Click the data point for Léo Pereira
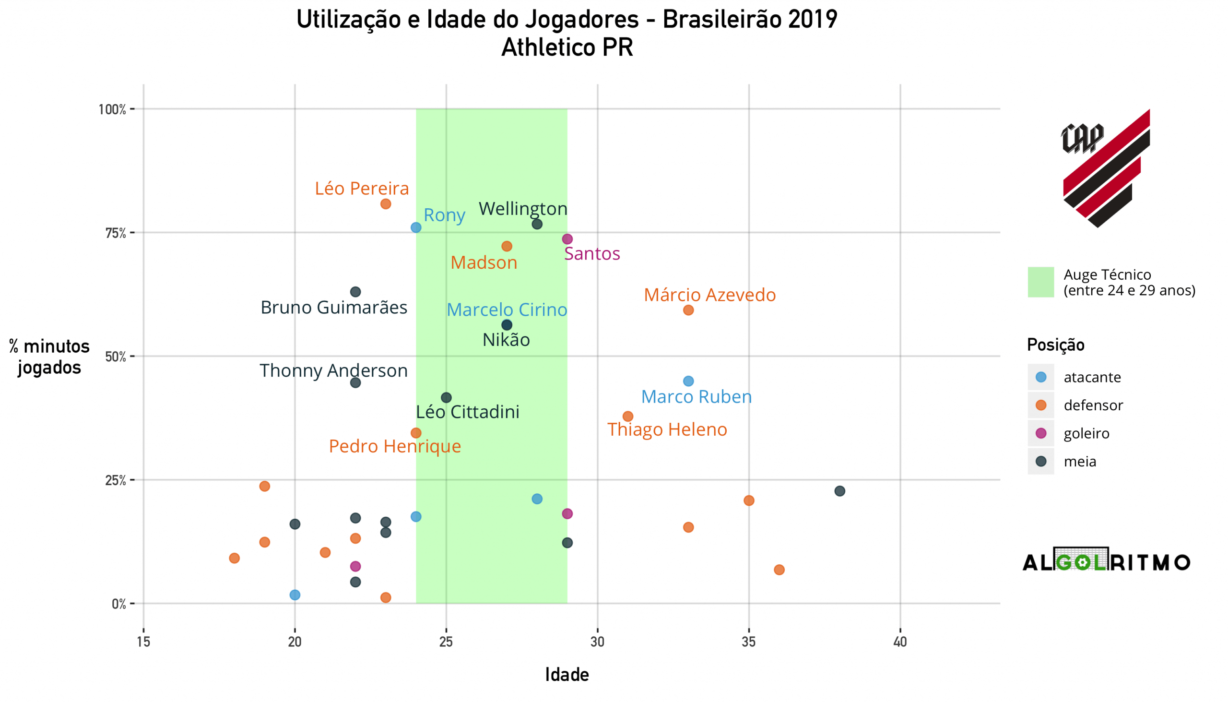(386, 204)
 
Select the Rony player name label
(444, 215)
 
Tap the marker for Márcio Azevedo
(688, 310)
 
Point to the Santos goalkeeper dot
(567, 239)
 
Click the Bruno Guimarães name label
(333, 308)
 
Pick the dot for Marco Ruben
(688, 381)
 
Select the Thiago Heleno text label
(667, 429)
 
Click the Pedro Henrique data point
(416, 433)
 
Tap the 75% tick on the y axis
(116, 233)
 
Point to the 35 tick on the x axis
(748, 642)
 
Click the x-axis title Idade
(567, 675)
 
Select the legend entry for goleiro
(1086, 433)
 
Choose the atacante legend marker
(1041, 377)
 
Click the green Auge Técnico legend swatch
(1040, 282)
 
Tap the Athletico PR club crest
(1106, 168)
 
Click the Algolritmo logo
(1106, 561)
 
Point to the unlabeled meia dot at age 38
(839, 491)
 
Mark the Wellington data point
(537, 224)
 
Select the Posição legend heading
(1055, 345)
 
